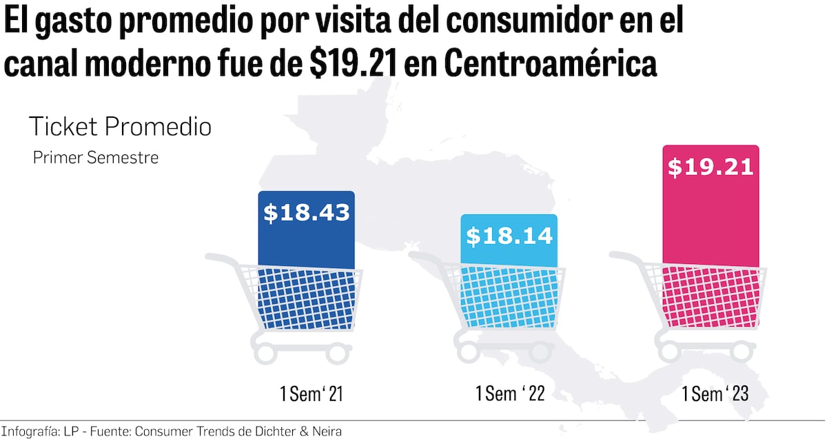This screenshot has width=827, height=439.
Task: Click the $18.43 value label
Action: (x=307, y=213)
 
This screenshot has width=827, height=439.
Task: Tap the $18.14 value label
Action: (x=509, y=236)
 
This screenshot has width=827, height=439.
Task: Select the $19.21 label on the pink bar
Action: (x=711, y=167)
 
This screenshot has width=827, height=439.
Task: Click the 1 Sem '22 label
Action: (x=511, y=394)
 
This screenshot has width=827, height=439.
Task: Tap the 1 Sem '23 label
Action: (x=715, y=394)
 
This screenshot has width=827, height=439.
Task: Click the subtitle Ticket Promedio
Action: (x=120, y=127)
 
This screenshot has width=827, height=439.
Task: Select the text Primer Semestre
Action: (x=96, y=158)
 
